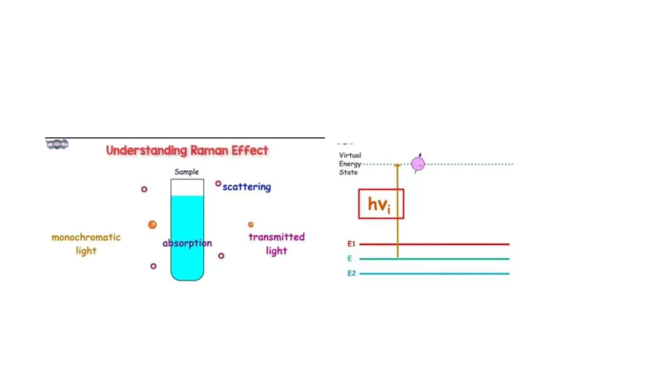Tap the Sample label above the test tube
pyautogui.click(x=187, y=172)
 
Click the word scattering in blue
pyautogui.click(x=247, y=187)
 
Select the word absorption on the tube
pyautogui.click(x=187, y=243)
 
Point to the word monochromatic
pyautogui.click(x=86, y=237)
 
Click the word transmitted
pyautogui.click(x=276, y=237)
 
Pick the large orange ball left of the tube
pyautogui.click(x=152, y=225)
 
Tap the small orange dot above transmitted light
pyautogui.click(x=251, y=225)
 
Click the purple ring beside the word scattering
pyautogui.click(x=218, y=184)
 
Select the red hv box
pyautogui.click(x=381, y=204)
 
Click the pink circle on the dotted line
pyautogui.click(x=418, y=164)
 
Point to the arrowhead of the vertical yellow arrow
pyautogui.click(x=397, y=165)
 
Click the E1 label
pyautogui.click(x=351, y=244)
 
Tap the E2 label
pyautogui.click(x=351, y=273)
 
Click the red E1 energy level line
pyautogui.click(x=450, y=244)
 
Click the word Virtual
pyautogui.click(x=350, y=155)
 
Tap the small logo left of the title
pyautogui.click(x=57, y=144)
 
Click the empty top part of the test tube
pyautogui.click(x=187, y=188)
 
